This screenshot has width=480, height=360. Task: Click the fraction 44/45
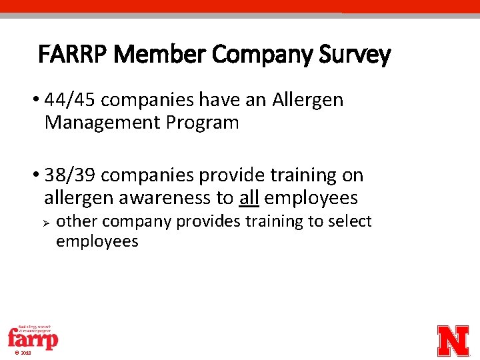pyautogui.click(x=71, y=100)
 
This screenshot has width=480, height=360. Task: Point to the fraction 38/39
pyautogui.click(x=71, y=175)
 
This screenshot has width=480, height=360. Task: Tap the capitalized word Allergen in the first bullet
pyautogui.click(x=307, y=100)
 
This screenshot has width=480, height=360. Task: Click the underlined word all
pyautogui.click(x=249, y=198)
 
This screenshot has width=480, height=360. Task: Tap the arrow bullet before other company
pyautogui.click(x=47, y=221)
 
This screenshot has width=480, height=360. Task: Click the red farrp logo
pyautogui.click(x=33, y=337)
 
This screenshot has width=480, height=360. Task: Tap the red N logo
pyautogui.click(x=453, y=341)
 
